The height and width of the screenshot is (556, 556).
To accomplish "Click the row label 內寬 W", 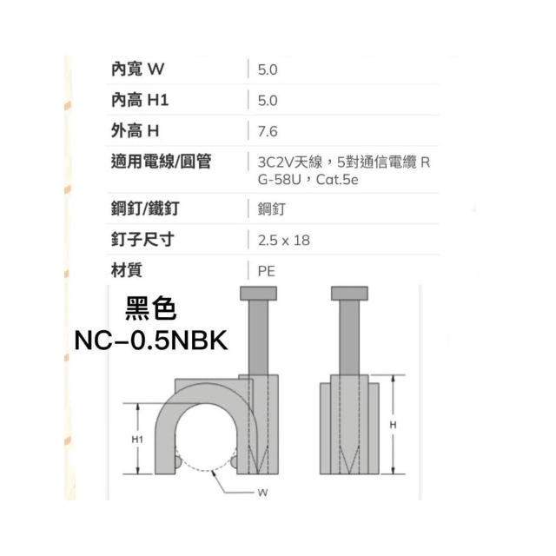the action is [x=137, y=69].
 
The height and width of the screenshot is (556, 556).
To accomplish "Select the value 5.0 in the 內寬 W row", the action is [x=268, y=69].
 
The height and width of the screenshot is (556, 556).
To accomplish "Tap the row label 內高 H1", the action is [x=140, y=100].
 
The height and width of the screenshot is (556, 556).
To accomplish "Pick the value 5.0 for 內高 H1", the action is [x=268, y=101].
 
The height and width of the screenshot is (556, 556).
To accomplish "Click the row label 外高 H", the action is [x=135, y=131].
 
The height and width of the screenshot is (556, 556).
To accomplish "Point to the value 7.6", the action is [x=268, y=131].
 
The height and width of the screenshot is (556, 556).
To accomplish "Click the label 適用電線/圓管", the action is [x=162, y=162].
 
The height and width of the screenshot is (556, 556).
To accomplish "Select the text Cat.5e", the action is [x=337, y=180].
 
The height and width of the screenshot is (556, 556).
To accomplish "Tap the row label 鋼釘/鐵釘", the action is [x=145, y=208].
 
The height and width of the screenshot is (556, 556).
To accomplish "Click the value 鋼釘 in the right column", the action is [x=272, y=208].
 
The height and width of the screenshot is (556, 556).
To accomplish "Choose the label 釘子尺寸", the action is [x=142, y=240].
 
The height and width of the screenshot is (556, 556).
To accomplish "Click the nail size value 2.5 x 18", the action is [x=284, y=241].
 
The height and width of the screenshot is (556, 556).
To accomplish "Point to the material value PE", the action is [x=267, y=271].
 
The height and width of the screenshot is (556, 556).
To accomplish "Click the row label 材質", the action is [x=127, y=270].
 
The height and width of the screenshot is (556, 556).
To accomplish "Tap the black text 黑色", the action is [x=150, y=308].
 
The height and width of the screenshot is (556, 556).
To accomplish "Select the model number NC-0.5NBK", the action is [x=151, y=341].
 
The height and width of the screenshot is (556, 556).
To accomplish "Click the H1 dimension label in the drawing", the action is [x=137, y=440].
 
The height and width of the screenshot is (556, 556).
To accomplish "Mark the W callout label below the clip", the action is [x=262, y=493].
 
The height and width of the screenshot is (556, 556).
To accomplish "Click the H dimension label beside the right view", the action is [x=393, y=425].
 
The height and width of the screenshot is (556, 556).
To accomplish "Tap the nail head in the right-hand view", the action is [x=349, y=294].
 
